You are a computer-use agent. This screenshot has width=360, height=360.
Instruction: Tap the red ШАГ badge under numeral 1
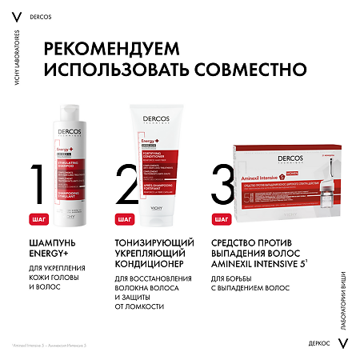click(37, 218)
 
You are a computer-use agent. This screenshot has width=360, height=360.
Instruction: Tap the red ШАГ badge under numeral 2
click(124, 218)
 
